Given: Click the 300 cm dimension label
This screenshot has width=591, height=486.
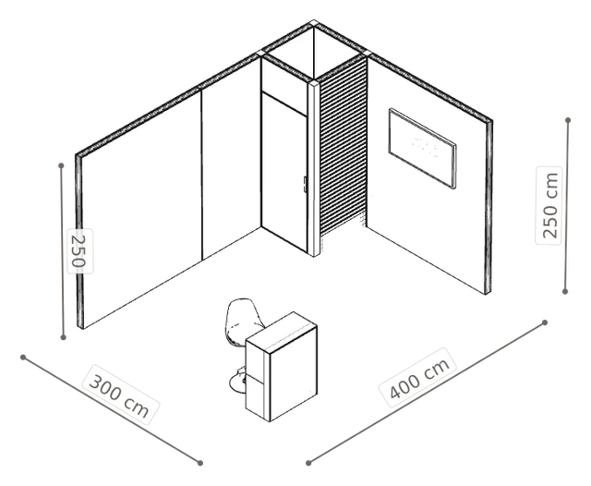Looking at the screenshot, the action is coord(120,395).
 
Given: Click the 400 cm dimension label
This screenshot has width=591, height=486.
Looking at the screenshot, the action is coord(417,377).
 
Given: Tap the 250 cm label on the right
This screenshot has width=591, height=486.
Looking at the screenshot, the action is coord(549,205).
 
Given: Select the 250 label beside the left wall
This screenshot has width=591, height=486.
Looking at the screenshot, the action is coord(79,250).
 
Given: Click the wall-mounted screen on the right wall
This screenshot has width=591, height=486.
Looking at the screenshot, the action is coord(422,148).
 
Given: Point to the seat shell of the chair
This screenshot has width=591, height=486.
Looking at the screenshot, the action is coord(244,321).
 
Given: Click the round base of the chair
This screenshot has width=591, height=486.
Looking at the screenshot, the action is coord(238,382).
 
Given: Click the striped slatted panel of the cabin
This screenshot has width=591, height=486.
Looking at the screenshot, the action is coord(343,147).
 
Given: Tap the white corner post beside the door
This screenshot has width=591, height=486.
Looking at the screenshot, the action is coord(314,168).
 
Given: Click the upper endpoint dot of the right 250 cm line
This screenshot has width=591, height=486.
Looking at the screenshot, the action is coord(568,120).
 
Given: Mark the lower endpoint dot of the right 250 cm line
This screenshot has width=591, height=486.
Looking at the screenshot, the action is coord(564,291).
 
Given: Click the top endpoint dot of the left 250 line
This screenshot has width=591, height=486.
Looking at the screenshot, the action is coord(61,165).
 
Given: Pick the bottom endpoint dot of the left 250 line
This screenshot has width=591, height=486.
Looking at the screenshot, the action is coord(64,337).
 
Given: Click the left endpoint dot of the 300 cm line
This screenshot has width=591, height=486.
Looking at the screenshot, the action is coord(23,357).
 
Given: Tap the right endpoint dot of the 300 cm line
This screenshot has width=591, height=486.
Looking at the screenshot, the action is coord(200,463).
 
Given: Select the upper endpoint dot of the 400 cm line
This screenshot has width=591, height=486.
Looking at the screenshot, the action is coord(545,322).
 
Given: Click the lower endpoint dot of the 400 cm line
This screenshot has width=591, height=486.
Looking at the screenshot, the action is coord(308,463).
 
